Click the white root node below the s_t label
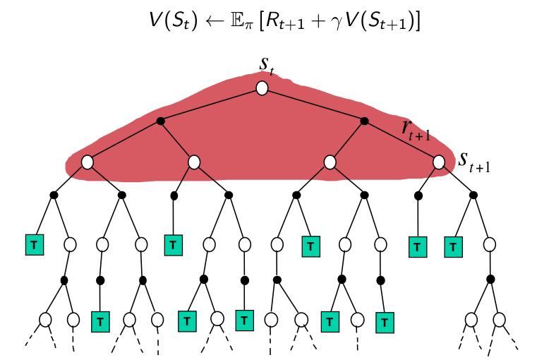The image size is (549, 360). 262,88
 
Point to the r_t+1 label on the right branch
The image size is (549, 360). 413,129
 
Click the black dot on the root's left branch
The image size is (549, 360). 161,121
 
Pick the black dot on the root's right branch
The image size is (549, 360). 364,121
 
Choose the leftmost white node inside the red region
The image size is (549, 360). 87,162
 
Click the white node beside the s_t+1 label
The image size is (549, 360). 439,162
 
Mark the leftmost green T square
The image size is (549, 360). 32,244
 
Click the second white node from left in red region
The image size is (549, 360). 194,162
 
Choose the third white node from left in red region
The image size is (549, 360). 330,162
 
